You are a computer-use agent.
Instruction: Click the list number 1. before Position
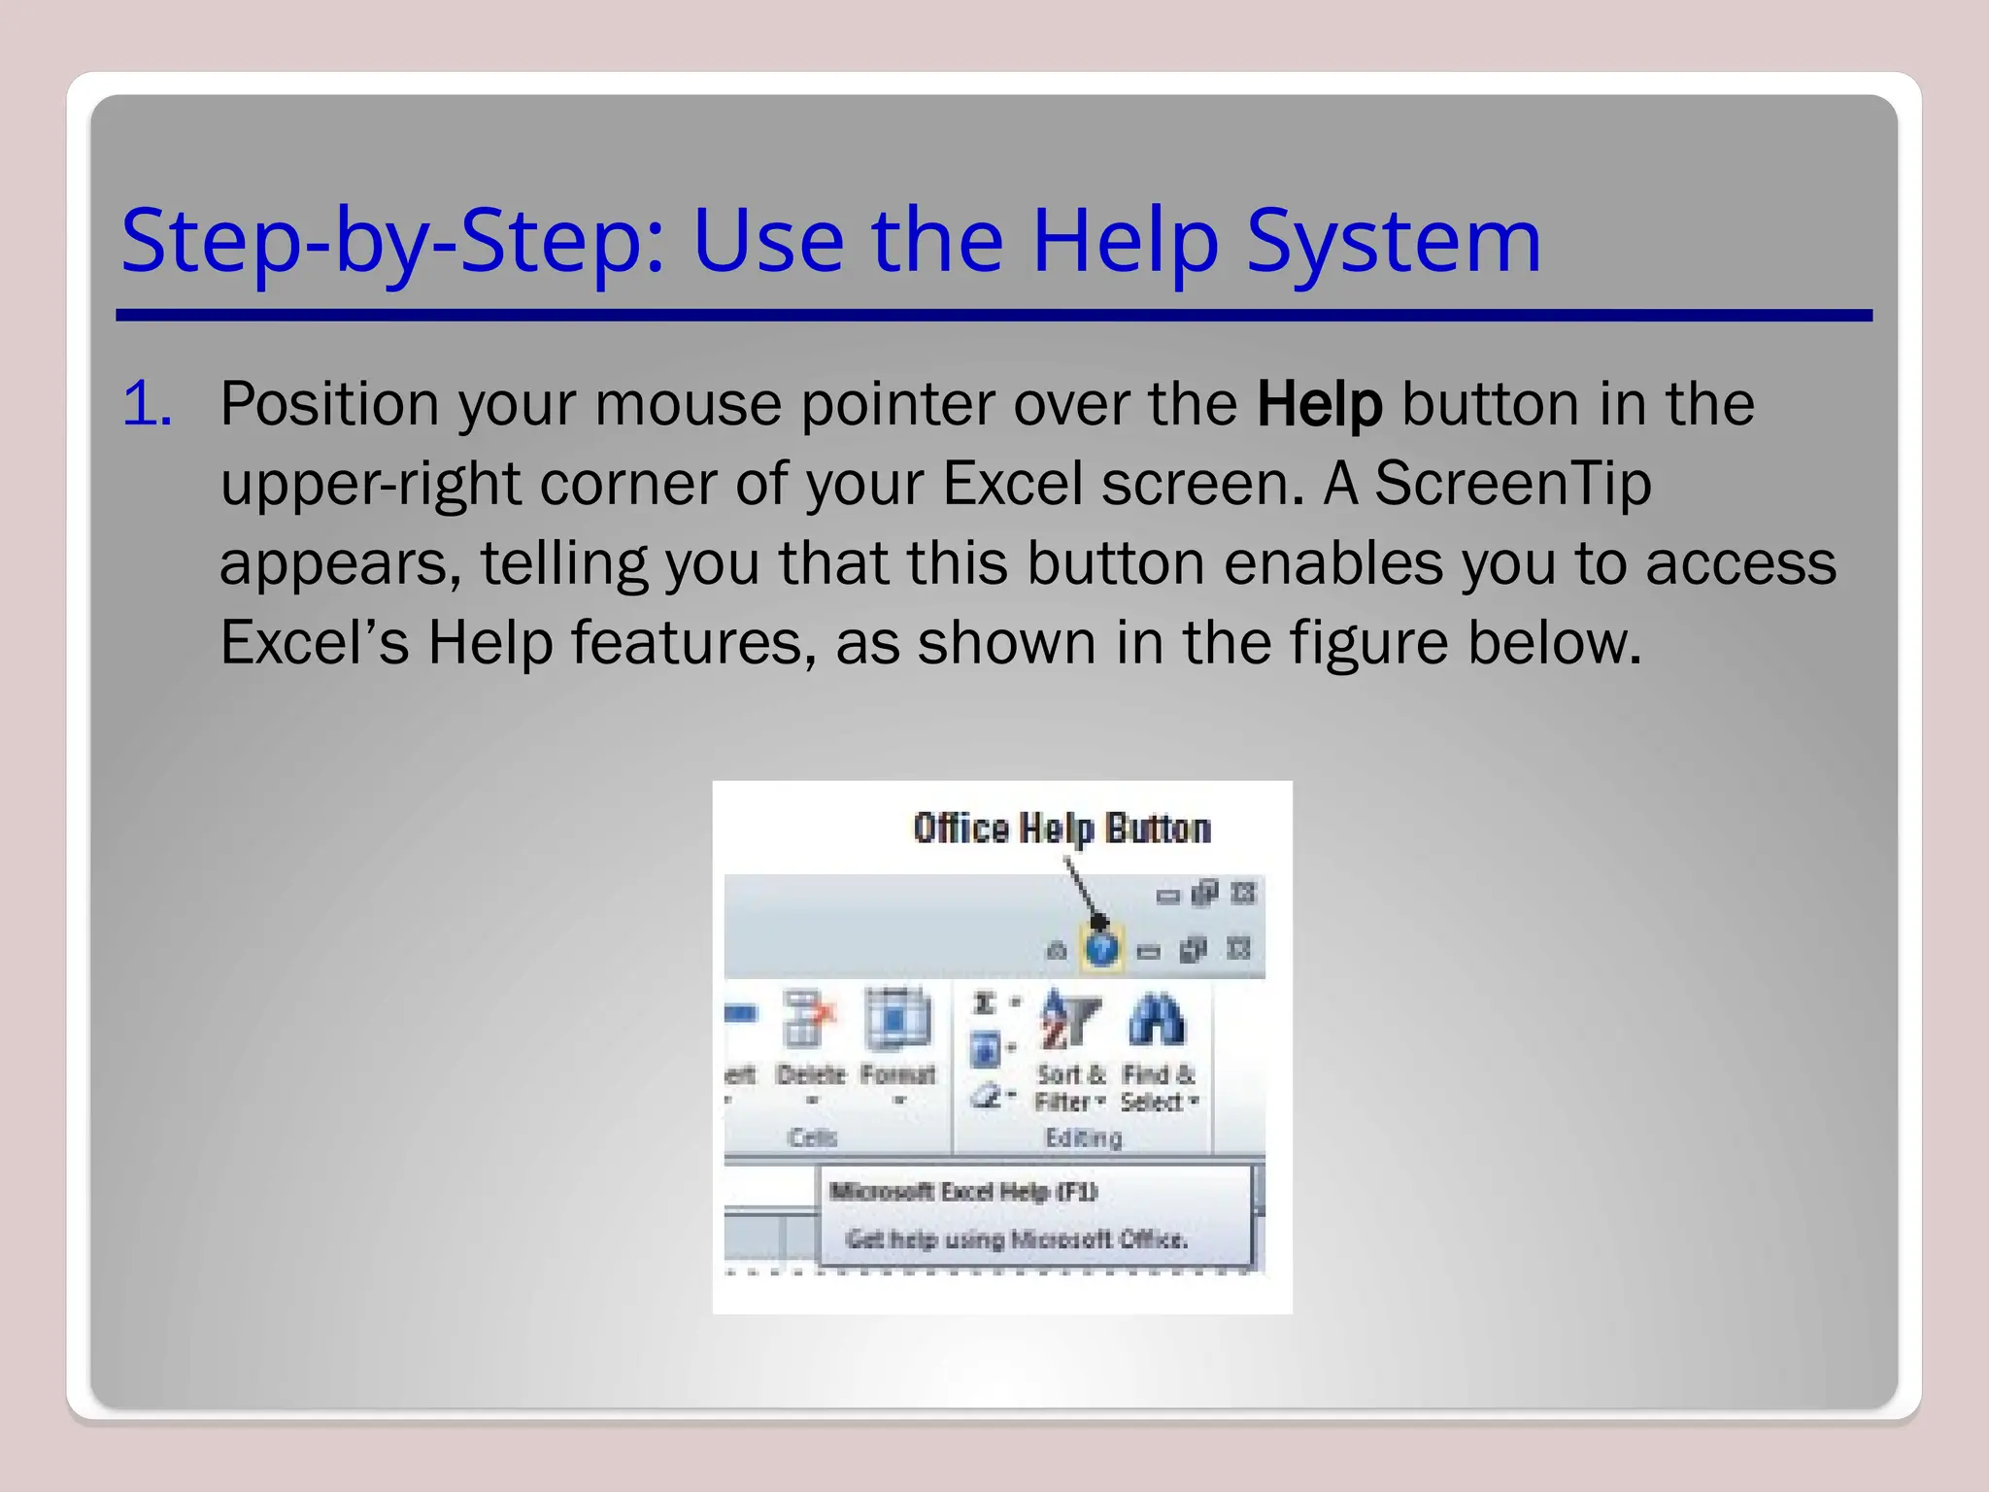(x=148, y=404)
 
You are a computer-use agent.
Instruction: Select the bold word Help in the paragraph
(x=1319, y=404)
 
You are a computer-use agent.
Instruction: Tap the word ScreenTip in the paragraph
(x=1512, y=484)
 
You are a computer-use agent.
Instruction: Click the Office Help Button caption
(x=1062, y=829)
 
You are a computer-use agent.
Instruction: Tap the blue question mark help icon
(x=1101, y=948)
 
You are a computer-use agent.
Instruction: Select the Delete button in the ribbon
(x=810, y=1039)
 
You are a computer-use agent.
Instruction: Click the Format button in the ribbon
(x=898, y=1039)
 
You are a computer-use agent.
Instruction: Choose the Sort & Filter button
(x=1070, y=1049)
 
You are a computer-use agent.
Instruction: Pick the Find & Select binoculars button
(x=1158, y=1049)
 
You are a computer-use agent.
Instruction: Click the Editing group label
(x=1083, y=1137)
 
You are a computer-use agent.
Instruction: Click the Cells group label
(x=812, y=1137)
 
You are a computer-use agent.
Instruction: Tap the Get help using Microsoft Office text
(x=1016, y=1239)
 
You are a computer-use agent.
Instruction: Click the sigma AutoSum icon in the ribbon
(x=985, y=1003)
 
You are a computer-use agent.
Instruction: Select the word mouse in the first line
(x=688, y=404)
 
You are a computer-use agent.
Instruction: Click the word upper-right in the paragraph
(x=371, y=484)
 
